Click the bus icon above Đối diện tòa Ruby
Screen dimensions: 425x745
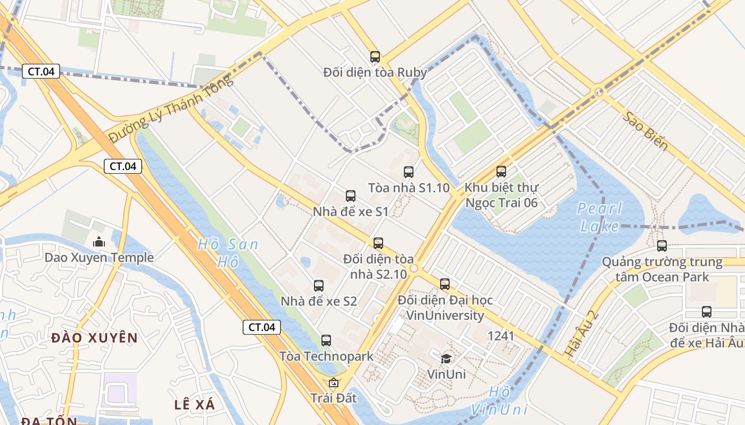375,57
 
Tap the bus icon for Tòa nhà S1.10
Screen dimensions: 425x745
409,172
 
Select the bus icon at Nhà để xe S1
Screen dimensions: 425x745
351,196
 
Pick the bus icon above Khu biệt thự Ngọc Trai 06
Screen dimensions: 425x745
501,172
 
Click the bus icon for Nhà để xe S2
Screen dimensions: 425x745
319,286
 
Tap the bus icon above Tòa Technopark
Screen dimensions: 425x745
326,341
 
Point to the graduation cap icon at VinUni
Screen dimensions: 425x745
446,359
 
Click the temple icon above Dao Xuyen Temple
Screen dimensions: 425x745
99,242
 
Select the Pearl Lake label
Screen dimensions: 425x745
599,217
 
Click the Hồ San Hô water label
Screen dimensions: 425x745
228,253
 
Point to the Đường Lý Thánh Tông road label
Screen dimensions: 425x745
171,109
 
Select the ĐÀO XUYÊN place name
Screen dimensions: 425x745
95,337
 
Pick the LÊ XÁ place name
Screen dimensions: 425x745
195,405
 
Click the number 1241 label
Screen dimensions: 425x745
501,336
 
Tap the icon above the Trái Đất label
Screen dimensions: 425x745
334,382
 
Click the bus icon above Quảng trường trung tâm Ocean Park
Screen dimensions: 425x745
662,246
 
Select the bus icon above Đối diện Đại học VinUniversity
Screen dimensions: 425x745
445,284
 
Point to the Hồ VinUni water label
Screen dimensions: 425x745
499,401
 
